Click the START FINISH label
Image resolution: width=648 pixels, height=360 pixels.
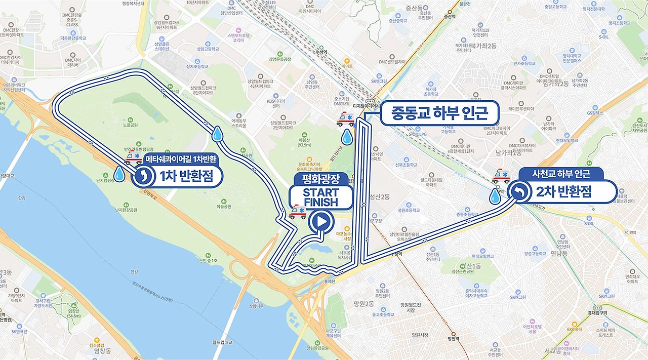point(320,197)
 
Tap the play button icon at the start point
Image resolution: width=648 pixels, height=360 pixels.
point(321,221)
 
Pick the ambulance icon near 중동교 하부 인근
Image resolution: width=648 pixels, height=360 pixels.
point(345,119)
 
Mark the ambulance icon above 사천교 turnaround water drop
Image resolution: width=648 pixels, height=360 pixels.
point(501,176)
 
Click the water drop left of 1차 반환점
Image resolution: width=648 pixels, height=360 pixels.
point(119,175)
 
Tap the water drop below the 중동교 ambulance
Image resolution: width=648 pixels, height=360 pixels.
point(347,136)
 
